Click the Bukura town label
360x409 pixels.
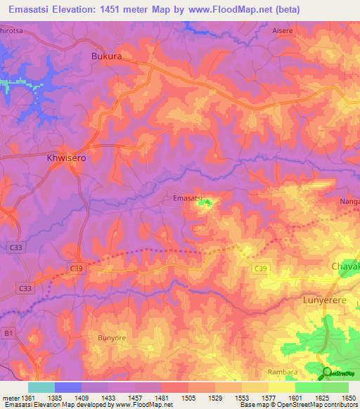pyautogui.click(x=108, y=56)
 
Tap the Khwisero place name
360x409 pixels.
pyautogui.click(x=66, y=159)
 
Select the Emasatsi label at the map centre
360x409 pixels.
pyautogui.click(x=188, y=199)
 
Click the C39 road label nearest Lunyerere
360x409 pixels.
pyautogui.click(x=261, y=268)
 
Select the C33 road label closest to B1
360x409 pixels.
pyautogui.click(x=25, y=288)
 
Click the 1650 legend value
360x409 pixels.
pyautogui.click(x=348, y=398)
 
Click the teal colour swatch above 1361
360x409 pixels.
pyautogui.click(x=41, y=387)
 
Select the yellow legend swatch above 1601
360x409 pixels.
pyautogui.click(x=282, y=387)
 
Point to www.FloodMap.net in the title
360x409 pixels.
pyautogui.click(x=231, y=9)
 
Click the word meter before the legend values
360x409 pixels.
pyautogui.click(x=11, y=398)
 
